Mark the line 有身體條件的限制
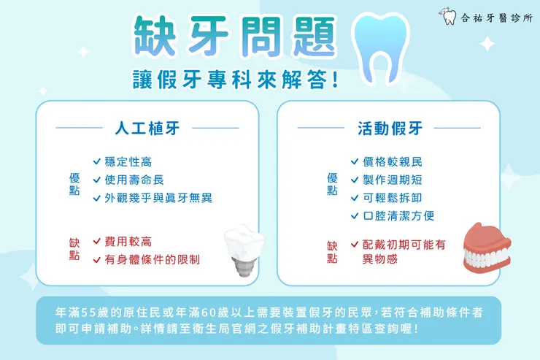[152, 259]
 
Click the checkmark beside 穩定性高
[97, 161]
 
